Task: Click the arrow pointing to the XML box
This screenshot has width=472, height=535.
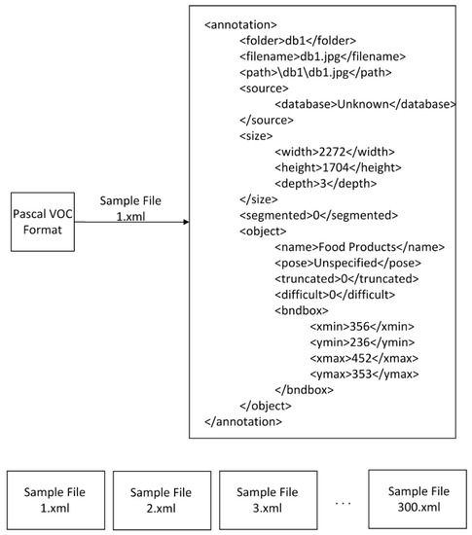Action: (131, 223)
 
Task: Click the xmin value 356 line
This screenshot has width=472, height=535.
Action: (363, 326)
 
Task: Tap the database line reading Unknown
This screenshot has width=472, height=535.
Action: (365, 104)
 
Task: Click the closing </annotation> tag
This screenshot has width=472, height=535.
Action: (243, 421)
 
